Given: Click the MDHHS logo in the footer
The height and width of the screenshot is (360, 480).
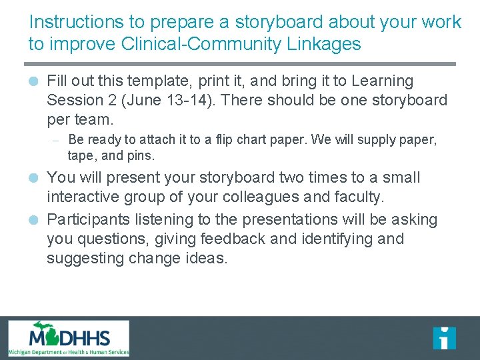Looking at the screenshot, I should point(69,339).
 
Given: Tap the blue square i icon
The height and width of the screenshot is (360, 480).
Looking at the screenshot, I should point(444,338).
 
